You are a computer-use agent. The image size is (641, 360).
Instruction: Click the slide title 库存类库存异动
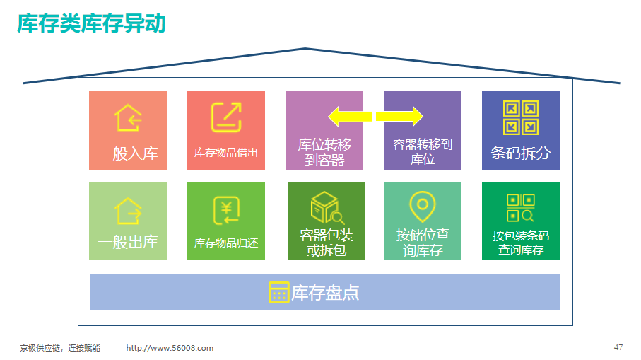coord(91,23)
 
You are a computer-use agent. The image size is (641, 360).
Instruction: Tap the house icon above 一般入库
coord(127,117)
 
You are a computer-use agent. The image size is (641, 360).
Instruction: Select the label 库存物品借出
coord(225,153)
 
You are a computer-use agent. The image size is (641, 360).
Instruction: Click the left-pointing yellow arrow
coord(350,117)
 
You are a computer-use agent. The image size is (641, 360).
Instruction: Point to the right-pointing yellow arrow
coord(399,117)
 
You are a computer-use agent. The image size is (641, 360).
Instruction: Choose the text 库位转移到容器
coord(324,152)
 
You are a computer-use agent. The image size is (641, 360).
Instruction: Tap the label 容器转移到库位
coord(423,152)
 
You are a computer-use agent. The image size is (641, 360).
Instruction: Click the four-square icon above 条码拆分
coord(520,118)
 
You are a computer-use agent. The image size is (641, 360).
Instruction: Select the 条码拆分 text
coord(520,153)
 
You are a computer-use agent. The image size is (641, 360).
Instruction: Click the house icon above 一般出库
coord(127,211)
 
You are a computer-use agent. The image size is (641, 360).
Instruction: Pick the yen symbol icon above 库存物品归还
coord(226,211)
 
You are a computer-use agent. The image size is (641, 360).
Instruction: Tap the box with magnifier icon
coord(327,208)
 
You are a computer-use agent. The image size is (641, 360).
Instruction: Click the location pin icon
coord(423,207)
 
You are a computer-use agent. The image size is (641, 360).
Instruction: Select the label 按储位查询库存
coord(423,243)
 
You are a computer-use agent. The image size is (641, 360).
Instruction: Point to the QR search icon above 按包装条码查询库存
coord(520,208)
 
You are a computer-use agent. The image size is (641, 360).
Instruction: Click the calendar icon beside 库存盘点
coord(278,293)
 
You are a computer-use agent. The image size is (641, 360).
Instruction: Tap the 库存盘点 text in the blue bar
coord(325,293)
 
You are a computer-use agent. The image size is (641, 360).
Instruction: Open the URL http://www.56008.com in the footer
coord(170,348)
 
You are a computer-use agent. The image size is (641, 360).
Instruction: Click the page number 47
coord(618,347)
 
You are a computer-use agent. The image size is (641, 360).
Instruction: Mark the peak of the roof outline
coord(305,49)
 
